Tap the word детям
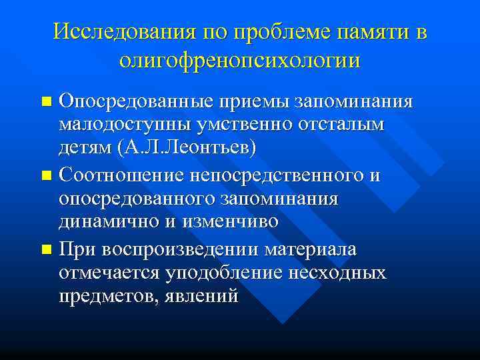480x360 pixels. pos(85,147)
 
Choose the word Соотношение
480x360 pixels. pos(122,176)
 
